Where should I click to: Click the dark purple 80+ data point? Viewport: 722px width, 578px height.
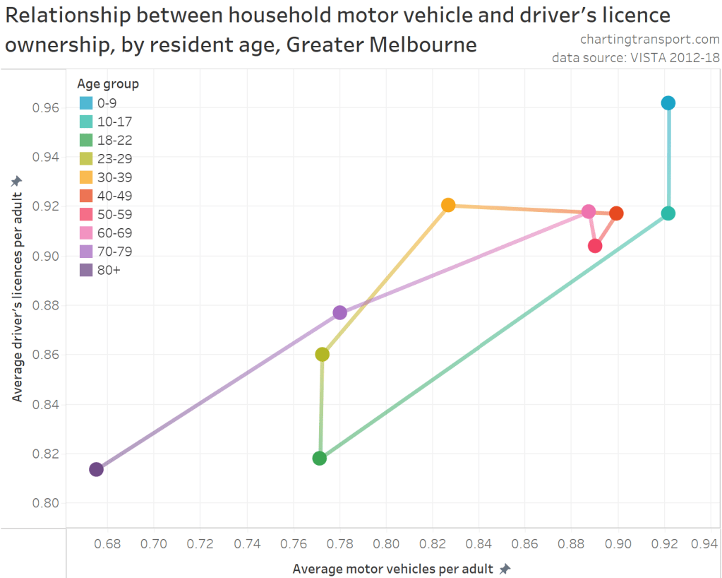point(97,469)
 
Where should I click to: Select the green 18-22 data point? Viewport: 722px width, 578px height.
point(320,458)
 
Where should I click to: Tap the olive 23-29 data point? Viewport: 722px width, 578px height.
point(323,355)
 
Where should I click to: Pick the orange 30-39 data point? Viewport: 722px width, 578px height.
point(448,206)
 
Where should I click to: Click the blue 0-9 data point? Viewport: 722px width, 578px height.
point(668,103)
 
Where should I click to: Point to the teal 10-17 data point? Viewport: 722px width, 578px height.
point(668,213)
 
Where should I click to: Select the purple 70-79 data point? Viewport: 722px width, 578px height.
point(339,312)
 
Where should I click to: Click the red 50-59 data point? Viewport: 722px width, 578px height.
point(595,246)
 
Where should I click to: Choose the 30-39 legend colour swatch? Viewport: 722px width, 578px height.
point(86,177)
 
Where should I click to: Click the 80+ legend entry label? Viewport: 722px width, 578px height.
point(109,270)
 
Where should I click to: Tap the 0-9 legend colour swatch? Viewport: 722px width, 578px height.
point(86,103)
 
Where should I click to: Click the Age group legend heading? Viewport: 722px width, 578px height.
point(108,84)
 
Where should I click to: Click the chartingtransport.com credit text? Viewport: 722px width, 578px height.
point(649,40)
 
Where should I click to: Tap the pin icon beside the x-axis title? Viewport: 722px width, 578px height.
point(504,569)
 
